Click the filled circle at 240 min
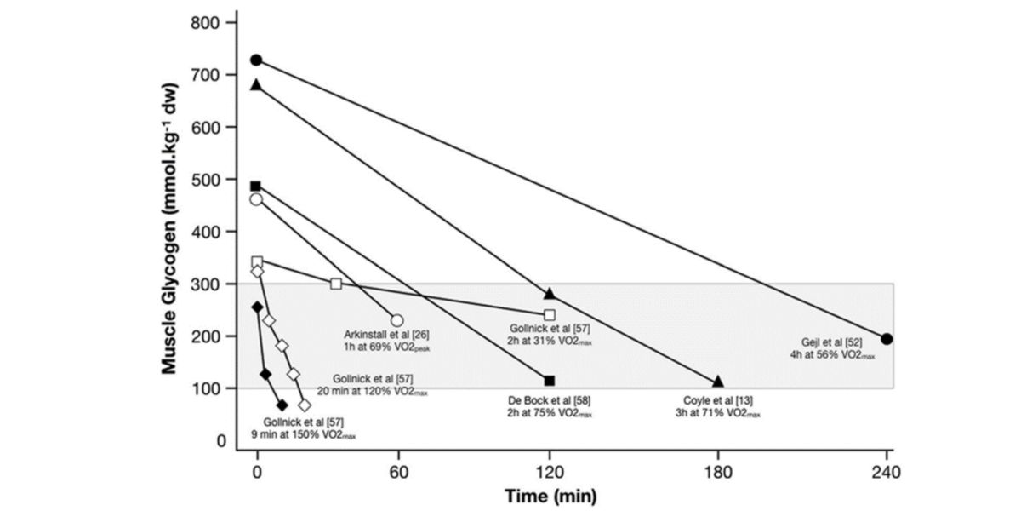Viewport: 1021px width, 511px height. tap(887, 339)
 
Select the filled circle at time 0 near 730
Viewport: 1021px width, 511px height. tap(256, 60)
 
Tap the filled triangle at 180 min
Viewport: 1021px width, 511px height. tap(718, 382)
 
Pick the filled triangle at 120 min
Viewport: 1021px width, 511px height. tap(550, 293)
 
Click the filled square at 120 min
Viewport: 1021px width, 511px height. tap(550, 381)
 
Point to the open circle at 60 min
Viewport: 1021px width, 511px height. tap(396, 321)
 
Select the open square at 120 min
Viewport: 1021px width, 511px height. tap(550, 315)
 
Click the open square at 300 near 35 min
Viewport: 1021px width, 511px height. tap(336, 284)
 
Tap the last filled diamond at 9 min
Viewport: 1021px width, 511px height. tap(282, 405)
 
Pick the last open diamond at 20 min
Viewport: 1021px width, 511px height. tap(305, 405)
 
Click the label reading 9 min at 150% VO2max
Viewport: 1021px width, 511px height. tap(304, 434)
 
